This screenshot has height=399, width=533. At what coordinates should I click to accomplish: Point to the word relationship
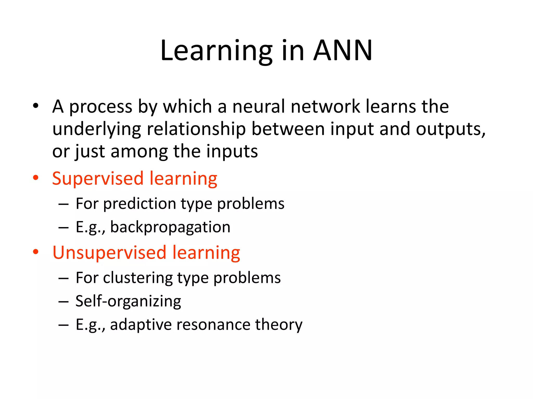pos(196,129)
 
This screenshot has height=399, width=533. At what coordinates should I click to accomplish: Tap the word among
pos(139,151)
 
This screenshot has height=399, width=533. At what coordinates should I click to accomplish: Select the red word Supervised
pos(98,179)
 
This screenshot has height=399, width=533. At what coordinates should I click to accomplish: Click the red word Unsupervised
pos(109,253)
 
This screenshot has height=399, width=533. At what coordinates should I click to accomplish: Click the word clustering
pos(138,278)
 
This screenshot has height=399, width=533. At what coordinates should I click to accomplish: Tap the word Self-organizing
pos(128,301)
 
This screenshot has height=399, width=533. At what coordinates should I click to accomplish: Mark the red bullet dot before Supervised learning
pos(36,178)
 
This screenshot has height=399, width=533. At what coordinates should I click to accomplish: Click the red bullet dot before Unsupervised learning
pos(36,252)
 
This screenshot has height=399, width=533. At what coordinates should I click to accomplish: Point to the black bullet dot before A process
pos(36,106)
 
